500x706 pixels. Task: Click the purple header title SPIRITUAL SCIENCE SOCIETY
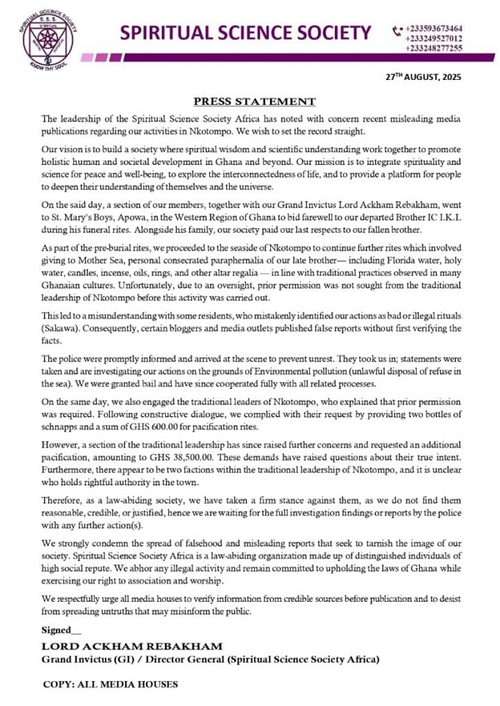(x=246, y=33)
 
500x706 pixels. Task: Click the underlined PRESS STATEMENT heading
(x=254, y=101)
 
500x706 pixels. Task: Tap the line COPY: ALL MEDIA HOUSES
(x=110, y=684)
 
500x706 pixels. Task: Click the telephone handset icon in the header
(x=397, y=31)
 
